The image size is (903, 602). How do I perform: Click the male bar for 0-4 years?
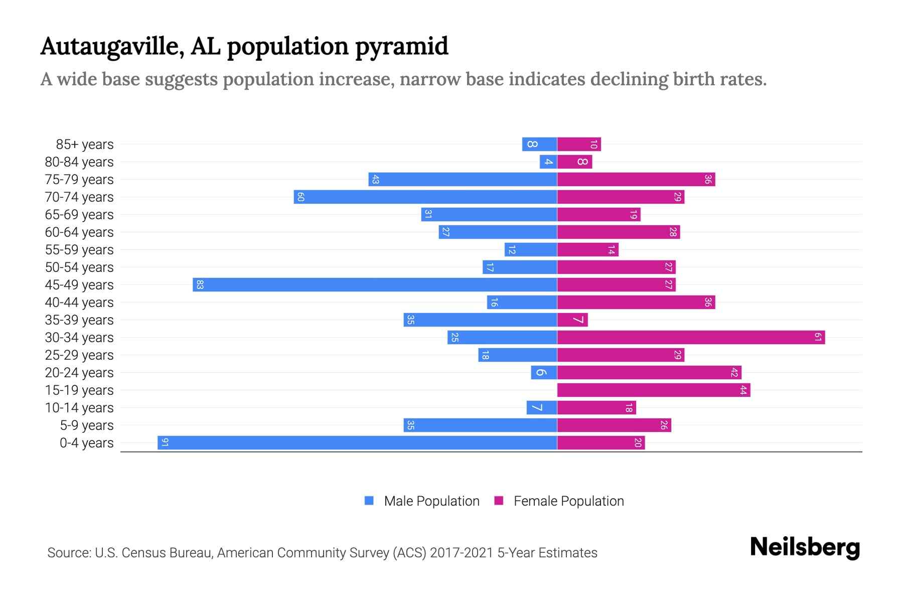(x=357, y=442)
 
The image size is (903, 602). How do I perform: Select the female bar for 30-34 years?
(x=691, y=337)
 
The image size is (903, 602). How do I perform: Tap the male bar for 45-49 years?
(x=375, y=284)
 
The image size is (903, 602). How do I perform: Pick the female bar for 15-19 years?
(x=654, y=390)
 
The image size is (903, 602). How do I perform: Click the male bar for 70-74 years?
(x=425, y=197)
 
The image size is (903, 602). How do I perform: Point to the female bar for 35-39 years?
(x=572, y=320)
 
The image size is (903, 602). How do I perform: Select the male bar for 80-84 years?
(x=548, y=162)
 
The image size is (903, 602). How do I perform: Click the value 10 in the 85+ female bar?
(x=593, y=144)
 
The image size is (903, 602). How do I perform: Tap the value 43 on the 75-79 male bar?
(x=375, y=180)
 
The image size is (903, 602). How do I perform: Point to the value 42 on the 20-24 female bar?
(x=734, y=373)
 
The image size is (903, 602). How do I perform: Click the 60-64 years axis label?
(x=79, y=232)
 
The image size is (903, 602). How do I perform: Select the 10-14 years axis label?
(x=79, y=408)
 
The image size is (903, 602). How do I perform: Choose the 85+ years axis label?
(x=85, y=144)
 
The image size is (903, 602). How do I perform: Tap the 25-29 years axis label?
(x=79, y=355)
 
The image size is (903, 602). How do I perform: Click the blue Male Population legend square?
(x=369, y=501)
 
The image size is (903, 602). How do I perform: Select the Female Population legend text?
(x=568, y=501)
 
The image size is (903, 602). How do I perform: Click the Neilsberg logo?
(x=805, y=547)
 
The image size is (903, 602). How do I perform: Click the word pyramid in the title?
(x=401, y=47)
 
